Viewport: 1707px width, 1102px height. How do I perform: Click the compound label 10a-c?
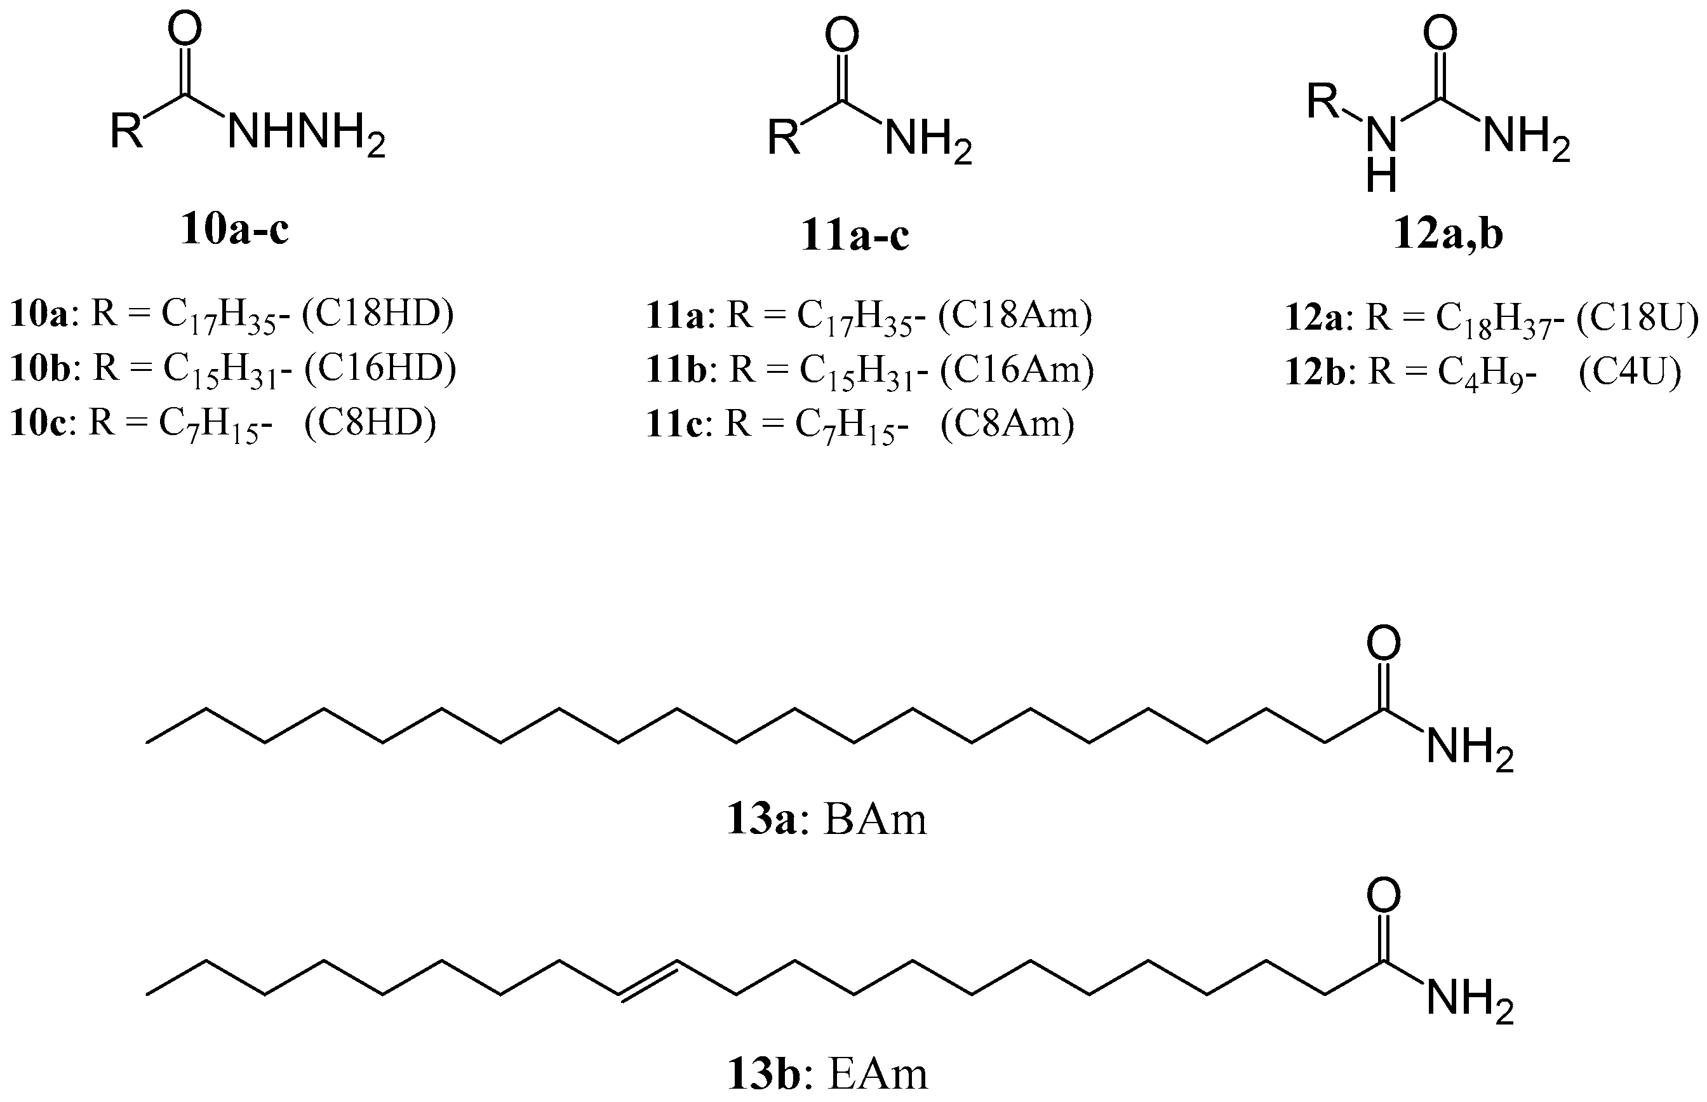[235, 230]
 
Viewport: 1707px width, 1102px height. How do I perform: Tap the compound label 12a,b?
[1448, 235]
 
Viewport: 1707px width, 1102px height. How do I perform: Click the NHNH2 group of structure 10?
[306, 135]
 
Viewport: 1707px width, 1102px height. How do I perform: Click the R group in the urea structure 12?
[1323, 102]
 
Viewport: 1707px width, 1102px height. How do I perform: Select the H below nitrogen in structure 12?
[1381, 176]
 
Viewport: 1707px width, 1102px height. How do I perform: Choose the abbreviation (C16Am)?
[1017, 369]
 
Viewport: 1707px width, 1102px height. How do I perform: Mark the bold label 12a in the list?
[1315, 318]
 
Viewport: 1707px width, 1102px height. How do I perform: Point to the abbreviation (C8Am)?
[1007, 424]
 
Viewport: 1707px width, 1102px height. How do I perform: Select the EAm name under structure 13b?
[877, 1073]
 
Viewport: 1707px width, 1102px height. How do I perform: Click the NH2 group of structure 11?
[928, 139]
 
